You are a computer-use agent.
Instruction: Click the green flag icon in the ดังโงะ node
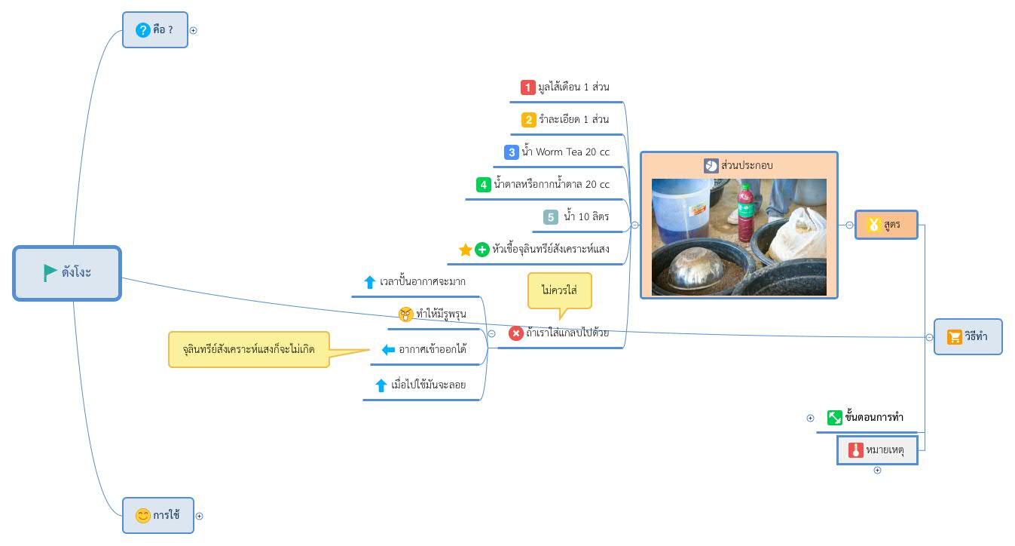(x=49, y=272)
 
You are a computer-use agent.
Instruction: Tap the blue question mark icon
(x=143, y=30)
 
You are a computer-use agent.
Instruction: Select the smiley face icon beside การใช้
(x=142, y=515)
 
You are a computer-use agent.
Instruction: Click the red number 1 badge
(x=528, y=87)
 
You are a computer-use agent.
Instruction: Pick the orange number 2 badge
(x=528, y=120)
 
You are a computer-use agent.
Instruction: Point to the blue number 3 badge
(x=512, y=152)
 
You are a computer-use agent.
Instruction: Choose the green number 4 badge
(x=484, y=185)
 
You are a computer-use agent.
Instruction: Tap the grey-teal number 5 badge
(x=551, y=217)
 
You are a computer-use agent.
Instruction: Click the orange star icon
(x=466, y=250)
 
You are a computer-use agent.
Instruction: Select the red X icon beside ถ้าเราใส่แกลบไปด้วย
(x=515, y=333)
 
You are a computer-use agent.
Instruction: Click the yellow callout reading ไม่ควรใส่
(x=560, y=290)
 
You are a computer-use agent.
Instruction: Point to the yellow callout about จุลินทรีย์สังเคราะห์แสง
(x=249, y=349)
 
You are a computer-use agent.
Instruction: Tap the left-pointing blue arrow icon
(x=388, y=350)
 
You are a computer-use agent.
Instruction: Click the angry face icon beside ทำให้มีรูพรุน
(x=405, y=314)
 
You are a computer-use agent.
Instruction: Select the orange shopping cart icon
(x=954, y=337)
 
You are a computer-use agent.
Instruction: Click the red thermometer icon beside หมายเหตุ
(x=855, y=450)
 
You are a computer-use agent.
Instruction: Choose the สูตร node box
(x=886, y=225)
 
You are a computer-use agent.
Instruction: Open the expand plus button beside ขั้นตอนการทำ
(x=810, y=418)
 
